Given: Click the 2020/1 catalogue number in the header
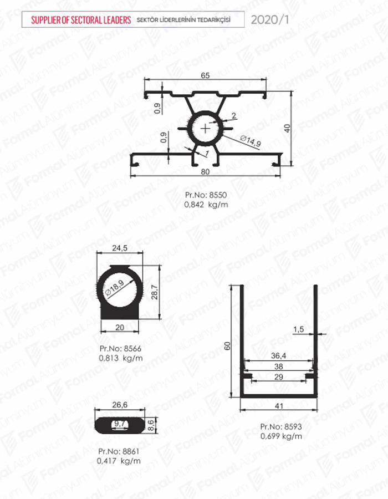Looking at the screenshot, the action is (x=270, y=20).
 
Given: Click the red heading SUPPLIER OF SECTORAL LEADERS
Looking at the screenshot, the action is (x=81, y=20).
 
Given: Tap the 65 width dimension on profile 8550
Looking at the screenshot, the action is (x=205, y=75).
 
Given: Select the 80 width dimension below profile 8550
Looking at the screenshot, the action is (x=205, y=171).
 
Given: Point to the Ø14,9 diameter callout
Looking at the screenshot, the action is (x=251, y=141).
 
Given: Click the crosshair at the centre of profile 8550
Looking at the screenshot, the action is (x=206, y=129).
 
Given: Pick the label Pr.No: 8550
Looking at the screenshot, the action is (x=206, y=195).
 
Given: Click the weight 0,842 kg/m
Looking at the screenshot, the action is (x=206, y=204).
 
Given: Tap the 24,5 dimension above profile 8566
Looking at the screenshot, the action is (x=120, y=248).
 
